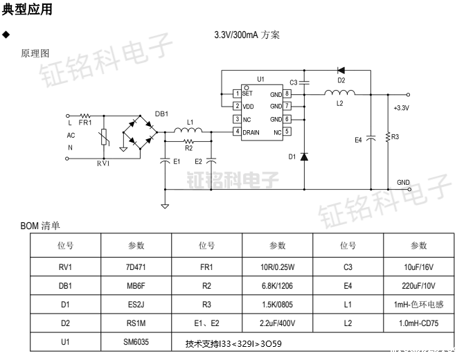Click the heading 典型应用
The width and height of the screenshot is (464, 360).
click(27, 10)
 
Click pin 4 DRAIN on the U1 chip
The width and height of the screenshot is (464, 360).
click(237, 132)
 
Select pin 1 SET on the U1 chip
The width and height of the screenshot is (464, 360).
click(237, 93)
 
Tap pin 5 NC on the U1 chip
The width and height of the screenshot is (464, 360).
click(286, 132)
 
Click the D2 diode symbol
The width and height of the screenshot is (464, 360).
click(341, 70)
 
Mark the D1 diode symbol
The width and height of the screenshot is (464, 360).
click(305, 156)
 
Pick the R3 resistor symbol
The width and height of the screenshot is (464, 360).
click(388, 138)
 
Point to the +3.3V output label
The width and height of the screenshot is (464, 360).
click(401, 108)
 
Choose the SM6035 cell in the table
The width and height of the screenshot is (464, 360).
click(136, 342)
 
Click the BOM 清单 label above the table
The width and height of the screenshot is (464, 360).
click(40, 225)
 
